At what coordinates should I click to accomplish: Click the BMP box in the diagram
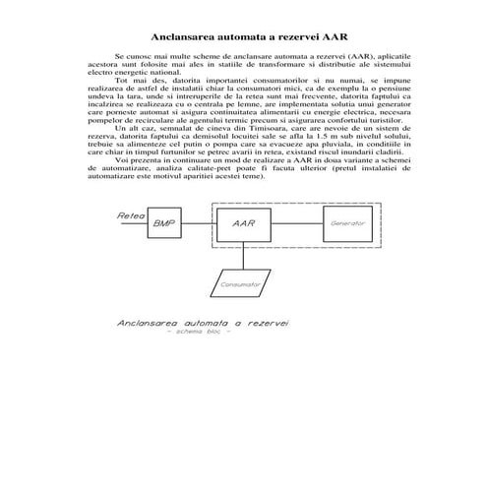click(x=162, y=223)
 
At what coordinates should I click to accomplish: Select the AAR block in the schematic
click(x=244, y=223)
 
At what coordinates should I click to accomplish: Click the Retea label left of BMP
click(x=131, y=214)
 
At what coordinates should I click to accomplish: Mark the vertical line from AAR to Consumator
click(x=244, y=255)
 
